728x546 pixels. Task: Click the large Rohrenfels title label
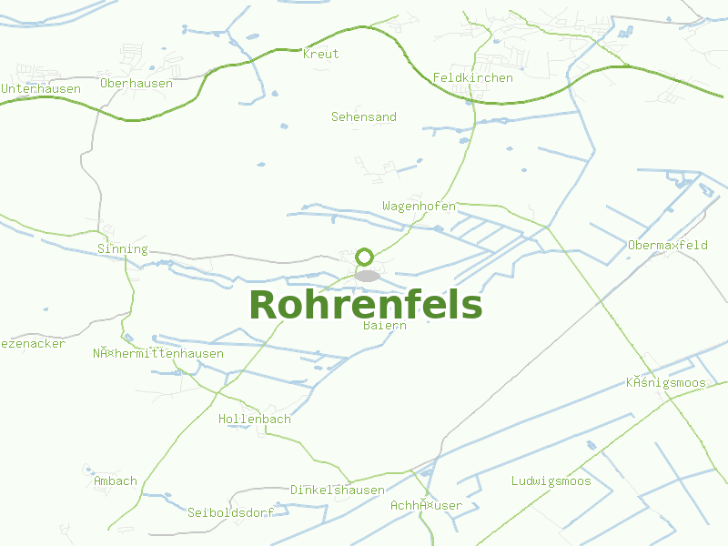[365, 306]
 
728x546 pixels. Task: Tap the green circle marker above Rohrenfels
[365, 257]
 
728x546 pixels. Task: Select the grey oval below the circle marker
[367, 276]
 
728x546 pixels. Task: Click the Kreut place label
[320, 54]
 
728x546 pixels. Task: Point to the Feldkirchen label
[473, 77]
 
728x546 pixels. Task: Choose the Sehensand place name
[364, 117]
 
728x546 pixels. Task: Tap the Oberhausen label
[136, 84]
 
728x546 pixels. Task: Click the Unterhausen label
[41, 89]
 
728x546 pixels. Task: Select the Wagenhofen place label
[419, 207]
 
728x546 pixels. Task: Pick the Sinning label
[122, 249]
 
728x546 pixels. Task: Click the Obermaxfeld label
[668, 246]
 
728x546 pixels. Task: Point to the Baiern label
[384, 325]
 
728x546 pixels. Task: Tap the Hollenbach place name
[255, 420]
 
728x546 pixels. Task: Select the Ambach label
[116, 481]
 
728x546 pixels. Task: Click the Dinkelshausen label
[338, 490]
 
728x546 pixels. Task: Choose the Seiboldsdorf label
[230, 513]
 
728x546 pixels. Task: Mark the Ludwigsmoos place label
[551, 481]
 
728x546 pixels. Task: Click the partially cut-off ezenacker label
[33, 344]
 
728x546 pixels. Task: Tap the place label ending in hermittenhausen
[158, 354]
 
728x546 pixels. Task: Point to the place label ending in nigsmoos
[666, 383]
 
